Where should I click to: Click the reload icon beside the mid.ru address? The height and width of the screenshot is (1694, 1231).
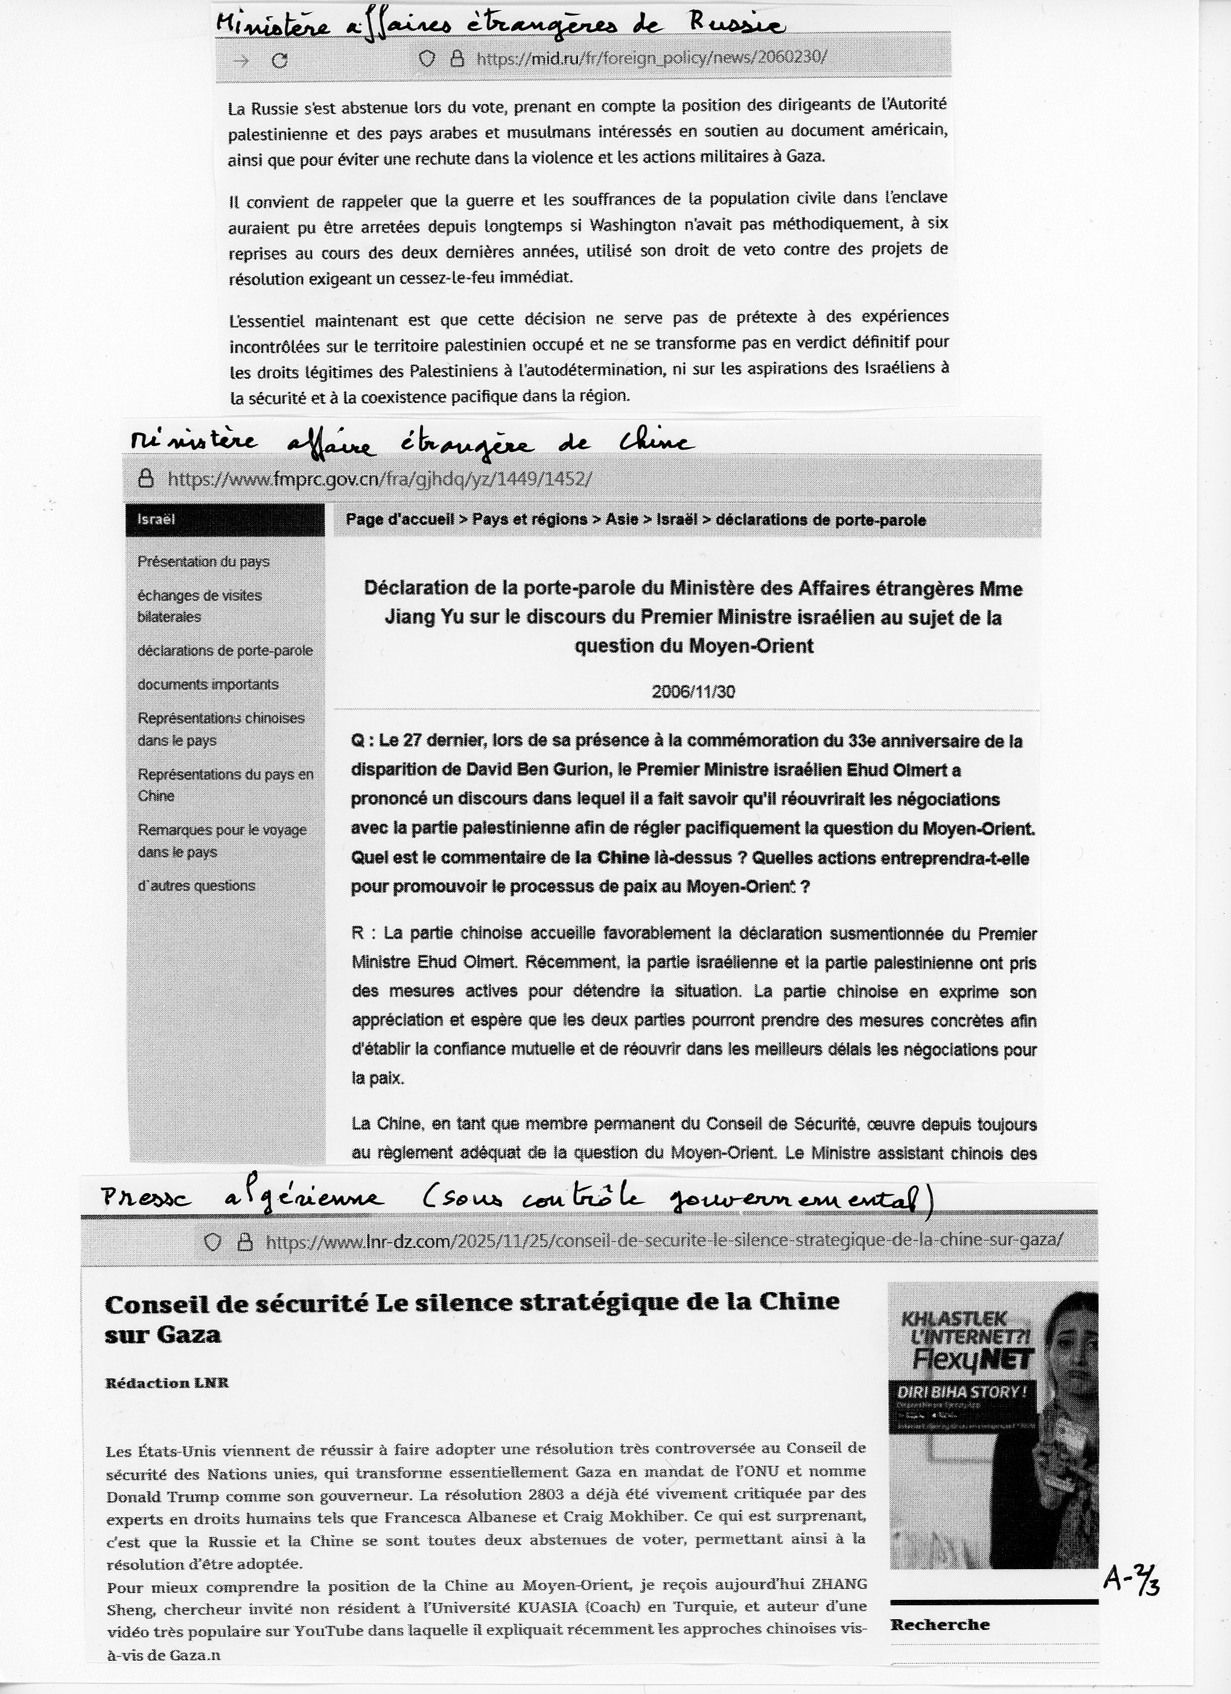pyautogui.click(x=279, y=60)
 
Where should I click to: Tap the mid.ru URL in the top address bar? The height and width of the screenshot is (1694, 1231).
pyautogui.click(x=650, y=59)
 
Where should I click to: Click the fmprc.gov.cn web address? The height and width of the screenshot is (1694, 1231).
pyautogui.click(x=380, y=479)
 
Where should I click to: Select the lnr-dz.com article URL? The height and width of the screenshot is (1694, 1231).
pyautogui.click(x=664, y=1241)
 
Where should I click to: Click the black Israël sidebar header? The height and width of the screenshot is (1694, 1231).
pyautogui.click(x=225, y=520)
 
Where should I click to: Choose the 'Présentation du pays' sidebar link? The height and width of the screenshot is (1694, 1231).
pyautogui.click(x=203, y=562)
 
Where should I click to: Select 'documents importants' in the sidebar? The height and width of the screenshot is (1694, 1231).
pyautogui.click(x=208, y=684)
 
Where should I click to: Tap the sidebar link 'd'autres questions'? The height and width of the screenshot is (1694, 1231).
pyautogui.click(x=196, y=886)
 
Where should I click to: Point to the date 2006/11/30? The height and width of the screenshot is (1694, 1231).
pyautogui.click(x=693, y=692)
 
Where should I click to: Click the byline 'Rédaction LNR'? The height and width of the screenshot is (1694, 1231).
pyautogui.click(x=167, y=1383)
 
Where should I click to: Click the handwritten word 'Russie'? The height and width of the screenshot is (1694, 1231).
pyautogui.click(x=736, y=25)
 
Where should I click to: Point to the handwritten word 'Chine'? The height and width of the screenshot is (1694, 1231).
pyautogui.click(x=653, y=443)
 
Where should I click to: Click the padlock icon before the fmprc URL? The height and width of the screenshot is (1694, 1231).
pyautogui.click(x=147, y=478)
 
